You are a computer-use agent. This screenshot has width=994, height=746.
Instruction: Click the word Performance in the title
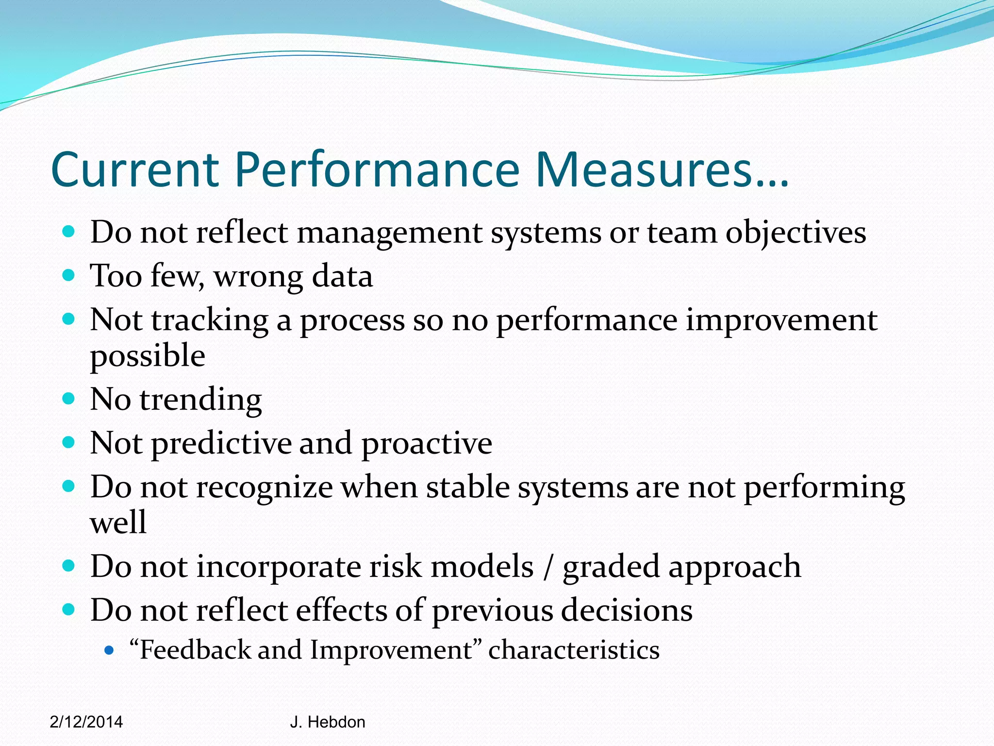pyautogui.click(x=378, y=170)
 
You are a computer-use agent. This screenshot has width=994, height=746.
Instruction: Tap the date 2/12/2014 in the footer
pyautogui.click(x=86, y=722)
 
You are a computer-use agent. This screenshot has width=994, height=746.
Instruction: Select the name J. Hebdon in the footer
pyautogui.click(x=328, y=722)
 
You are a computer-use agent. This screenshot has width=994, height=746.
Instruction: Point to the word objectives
pyautogui.click(x=795, y=233)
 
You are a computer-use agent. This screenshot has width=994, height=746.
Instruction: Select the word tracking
pyautogui.click(x=210, y=321)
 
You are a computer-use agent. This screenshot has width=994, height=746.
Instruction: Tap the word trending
pyautogui.click(x=201, y=400)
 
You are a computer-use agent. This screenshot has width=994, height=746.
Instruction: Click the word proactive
pyautogui.click(x=427, y=444)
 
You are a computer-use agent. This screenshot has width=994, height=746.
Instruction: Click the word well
pyautogui.click(x=118, y=523)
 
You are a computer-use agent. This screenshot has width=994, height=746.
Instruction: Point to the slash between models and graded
pyautogui.click(x=548, y=567)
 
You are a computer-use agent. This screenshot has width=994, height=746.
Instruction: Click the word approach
pyautogui.click(x=734, y=567)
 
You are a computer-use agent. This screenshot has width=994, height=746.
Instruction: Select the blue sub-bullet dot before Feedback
pyautogui.click(x=109, y=650)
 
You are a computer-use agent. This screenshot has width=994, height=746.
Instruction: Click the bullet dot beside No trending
pyautogui.click(x=69, y=399)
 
